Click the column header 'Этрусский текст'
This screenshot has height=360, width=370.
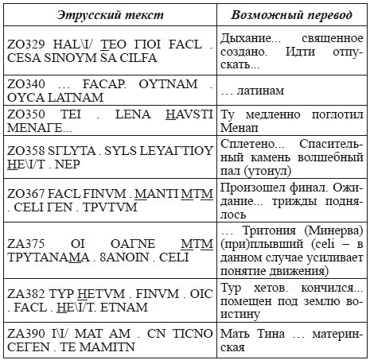click(109, 17)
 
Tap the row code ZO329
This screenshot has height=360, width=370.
click(26, 43)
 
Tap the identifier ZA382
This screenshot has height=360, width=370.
click(26, 286)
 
